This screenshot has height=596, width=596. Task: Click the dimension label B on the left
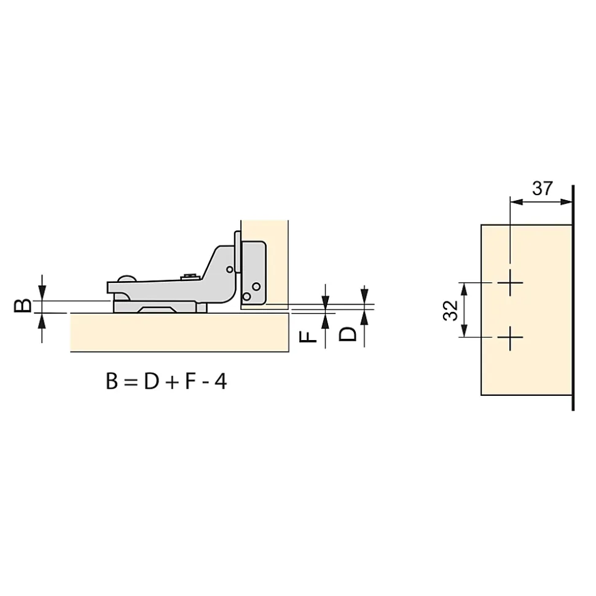tap(23, 306)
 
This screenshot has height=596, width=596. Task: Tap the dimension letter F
tap(308, 337)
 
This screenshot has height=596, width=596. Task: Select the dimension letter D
tap(348, 335)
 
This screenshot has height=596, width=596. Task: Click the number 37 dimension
tap(543, 188)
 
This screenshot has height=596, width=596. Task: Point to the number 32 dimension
tap(450, 311)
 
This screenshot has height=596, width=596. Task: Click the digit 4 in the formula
tap(221, 381)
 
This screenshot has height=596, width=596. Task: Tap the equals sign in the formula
tap(130, 382)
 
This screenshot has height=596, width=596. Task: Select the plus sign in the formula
tap(172, 383)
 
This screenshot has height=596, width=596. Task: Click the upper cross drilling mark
tap(510, 283)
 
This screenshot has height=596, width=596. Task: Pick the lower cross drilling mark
tap(510, 338)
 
